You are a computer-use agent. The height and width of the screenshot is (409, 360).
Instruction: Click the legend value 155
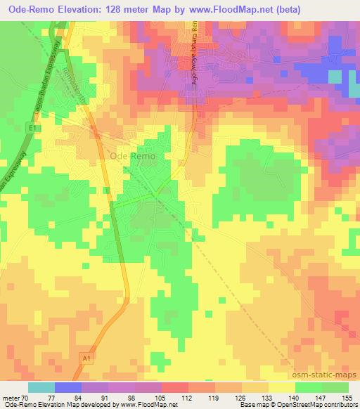(x=347, y=397)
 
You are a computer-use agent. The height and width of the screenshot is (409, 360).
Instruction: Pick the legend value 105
(x=161, y=397)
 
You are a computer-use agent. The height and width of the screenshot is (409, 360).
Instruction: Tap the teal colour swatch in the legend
(x=41, y=387)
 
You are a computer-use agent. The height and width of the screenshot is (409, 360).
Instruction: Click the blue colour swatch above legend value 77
(x=68, y=387)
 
